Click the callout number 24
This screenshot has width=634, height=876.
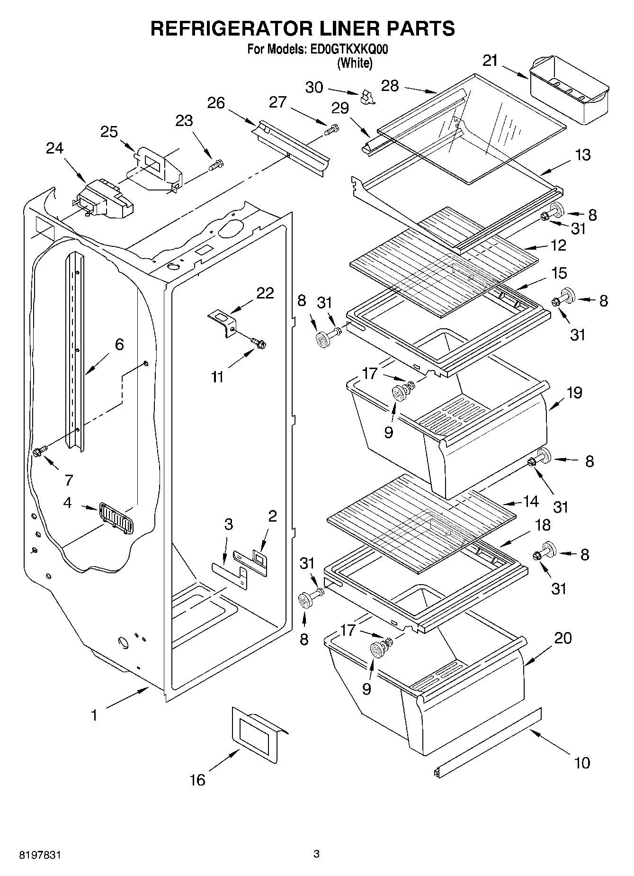[54, 148]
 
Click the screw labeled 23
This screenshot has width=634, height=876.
[217, 166]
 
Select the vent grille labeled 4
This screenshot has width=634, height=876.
[116, 517]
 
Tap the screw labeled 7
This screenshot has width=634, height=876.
[39, 451]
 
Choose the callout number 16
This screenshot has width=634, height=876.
[197, 779]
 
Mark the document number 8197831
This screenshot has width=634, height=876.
[40, 855]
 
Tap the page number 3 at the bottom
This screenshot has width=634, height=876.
[316, 854]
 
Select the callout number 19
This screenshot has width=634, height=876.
[574, 392]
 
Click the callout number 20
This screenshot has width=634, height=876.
[563, 638]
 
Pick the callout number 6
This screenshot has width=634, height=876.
[119, 344]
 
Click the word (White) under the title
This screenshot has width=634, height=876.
[354, 63]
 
